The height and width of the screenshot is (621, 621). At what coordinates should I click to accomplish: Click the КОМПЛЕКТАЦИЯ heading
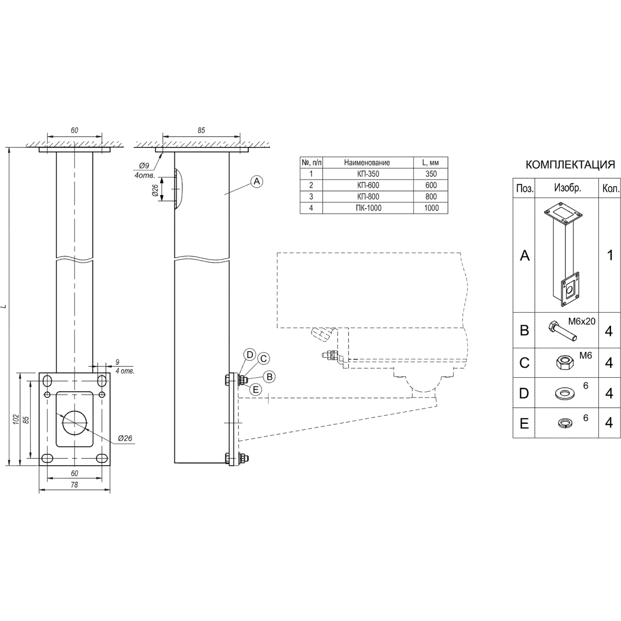[570, 165]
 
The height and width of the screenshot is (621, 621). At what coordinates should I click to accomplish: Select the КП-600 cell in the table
[368, 185]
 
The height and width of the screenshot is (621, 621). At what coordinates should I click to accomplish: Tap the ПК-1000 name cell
[368, 208]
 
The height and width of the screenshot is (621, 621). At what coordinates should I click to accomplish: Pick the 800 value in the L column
[431, 197]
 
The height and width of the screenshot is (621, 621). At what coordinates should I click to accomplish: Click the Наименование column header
[367, 162]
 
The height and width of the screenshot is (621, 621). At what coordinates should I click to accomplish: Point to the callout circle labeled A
[257, 182]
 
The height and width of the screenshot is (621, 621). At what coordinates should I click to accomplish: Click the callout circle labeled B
[270, 377]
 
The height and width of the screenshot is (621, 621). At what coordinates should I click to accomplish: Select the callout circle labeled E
[256, 390]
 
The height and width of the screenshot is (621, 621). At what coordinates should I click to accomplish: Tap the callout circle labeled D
[250, 355]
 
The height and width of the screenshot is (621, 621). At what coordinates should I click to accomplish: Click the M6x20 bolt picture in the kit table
[561, 331]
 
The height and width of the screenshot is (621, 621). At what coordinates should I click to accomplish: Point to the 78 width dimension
[74, 484]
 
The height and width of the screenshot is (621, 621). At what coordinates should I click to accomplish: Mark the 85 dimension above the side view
[201, 130]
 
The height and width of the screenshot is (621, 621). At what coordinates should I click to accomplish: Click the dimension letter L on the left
[4, 306]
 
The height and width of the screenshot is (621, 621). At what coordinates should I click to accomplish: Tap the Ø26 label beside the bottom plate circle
[125, 438]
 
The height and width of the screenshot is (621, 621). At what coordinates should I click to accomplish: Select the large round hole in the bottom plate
[75, 422]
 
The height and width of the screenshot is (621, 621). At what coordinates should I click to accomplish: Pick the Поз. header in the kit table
[524, 188]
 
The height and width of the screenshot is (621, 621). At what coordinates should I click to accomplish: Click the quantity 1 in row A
[610, 255]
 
